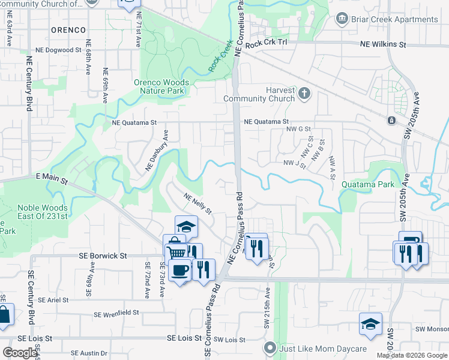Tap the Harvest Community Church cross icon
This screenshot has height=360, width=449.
click(x=305, y=93)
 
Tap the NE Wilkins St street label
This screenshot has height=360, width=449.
click(x=383, y=44)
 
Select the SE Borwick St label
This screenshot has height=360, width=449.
click(x=103, y=256)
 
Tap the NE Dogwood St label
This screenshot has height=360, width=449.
click(x=58, y=51)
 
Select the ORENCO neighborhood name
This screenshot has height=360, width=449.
click(x=68, y=29)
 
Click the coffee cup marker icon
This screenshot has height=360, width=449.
click(x=179, y=270)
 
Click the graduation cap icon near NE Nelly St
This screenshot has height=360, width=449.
click(x=187, y=226)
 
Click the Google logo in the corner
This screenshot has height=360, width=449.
click(x=20, y=353)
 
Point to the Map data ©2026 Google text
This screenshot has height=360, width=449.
click(x=411, y=355)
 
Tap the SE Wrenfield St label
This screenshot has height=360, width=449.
click(x=116, y=313)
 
